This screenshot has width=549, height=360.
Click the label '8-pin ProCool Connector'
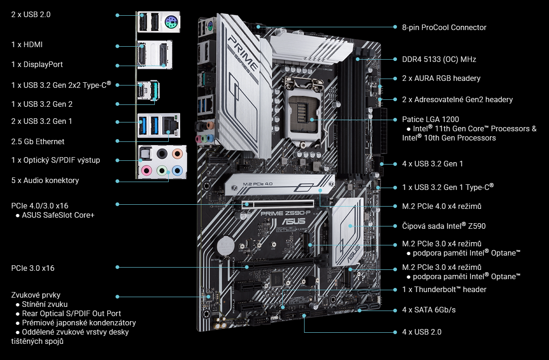[444, 27]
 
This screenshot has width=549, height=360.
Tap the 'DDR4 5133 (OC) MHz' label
[439, 59]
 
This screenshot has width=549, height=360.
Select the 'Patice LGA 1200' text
[430, 119]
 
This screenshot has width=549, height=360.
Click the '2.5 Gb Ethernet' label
[38, 141]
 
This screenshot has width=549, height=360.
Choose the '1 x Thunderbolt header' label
[444, 289]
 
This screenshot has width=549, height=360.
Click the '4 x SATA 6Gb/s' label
[429, 310]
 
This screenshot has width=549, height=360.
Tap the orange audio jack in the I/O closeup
[177, 153]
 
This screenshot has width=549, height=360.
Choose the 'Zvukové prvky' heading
[36, 295]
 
